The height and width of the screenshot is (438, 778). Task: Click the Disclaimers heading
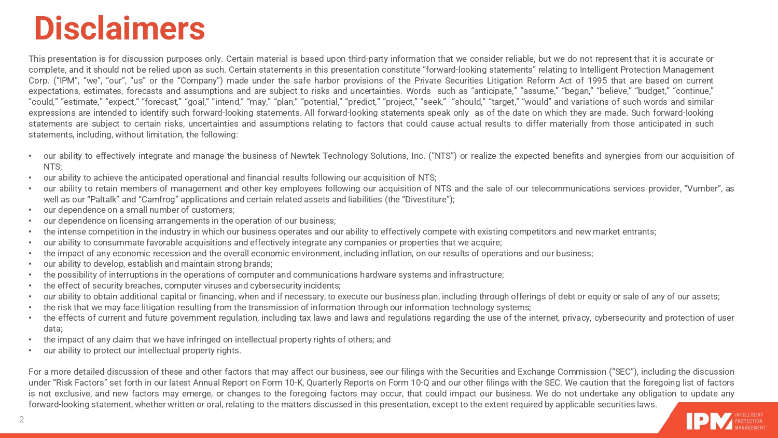[119, 29]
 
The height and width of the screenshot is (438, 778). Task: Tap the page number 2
[22, 419]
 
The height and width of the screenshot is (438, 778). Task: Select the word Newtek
[305, 156]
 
